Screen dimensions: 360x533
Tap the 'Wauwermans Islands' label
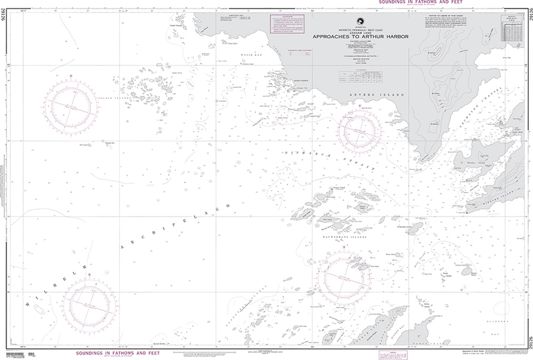tap(347, 243)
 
